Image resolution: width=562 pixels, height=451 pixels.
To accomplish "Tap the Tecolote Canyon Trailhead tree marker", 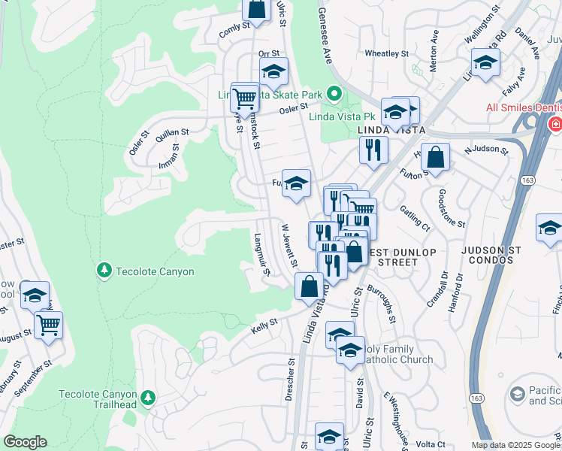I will point(149,396).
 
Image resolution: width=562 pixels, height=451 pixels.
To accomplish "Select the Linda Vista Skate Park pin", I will point(334,95).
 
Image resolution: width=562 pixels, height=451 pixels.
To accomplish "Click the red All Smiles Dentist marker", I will point(554,123).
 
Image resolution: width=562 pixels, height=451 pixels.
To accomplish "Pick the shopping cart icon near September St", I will point(48,325).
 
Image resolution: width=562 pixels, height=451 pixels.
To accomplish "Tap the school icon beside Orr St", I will point(273,72).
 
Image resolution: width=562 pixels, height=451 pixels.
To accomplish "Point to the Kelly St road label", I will point(264,322).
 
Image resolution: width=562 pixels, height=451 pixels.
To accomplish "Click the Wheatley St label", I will point(385,54).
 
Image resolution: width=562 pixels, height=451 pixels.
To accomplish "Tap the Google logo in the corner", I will point(26,442).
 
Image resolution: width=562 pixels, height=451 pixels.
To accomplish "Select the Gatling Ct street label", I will point(415,218).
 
